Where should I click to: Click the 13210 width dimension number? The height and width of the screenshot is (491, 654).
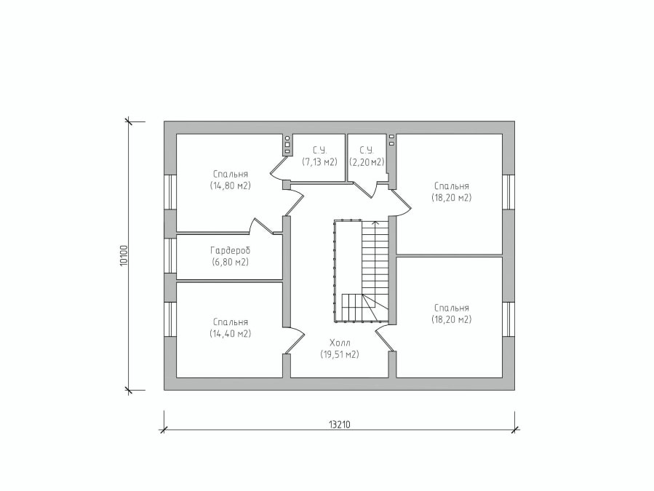tap(339, 425)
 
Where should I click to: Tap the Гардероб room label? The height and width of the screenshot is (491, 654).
tap(230, 251)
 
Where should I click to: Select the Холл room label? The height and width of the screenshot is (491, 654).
tap(340, 343)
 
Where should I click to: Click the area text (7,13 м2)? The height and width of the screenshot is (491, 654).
tap(319, 161)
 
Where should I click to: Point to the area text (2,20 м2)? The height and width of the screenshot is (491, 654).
tap(367, 161)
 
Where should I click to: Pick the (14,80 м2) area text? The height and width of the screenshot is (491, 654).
tap(230, 185)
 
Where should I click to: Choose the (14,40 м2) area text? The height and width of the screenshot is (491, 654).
tap(230, 334)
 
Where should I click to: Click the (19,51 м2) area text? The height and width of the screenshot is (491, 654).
tap(340, 354)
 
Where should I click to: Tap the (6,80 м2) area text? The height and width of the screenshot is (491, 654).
tap(230, 262)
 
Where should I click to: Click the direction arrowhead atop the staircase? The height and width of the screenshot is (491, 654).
tap(375, 223)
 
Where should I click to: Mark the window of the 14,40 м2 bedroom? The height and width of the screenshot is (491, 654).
tap(170, 319)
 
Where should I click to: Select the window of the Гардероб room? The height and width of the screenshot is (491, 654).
tap(170, 255)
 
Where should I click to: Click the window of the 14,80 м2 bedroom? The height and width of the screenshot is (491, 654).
tap(170, 191)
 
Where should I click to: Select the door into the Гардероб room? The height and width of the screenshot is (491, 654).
tap(262, 225)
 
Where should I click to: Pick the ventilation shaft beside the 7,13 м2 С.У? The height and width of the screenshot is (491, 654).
tap(287, 145)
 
